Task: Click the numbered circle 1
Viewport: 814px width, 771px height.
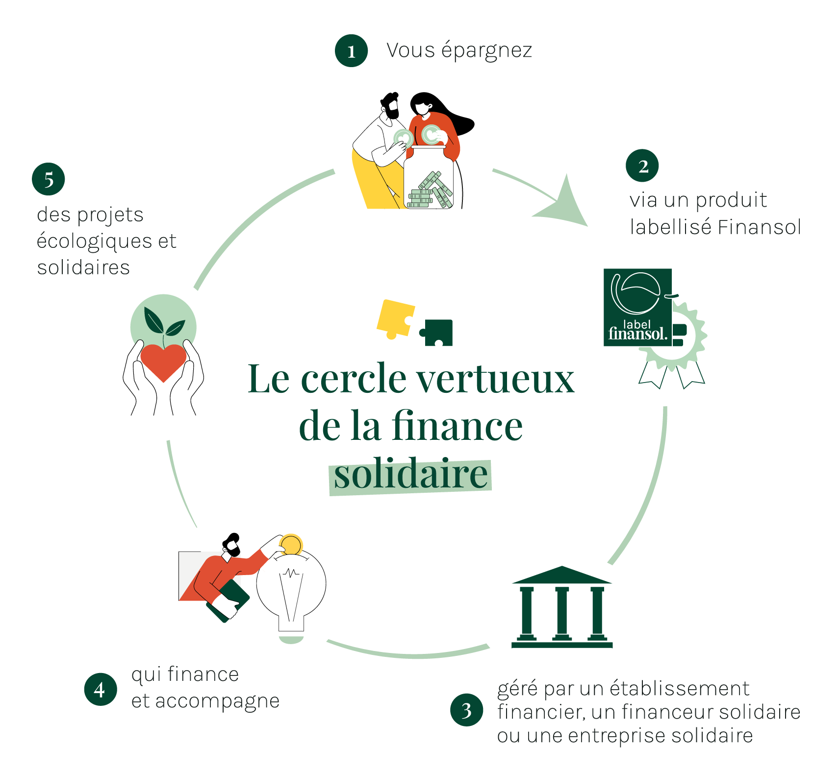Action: click(351, 51)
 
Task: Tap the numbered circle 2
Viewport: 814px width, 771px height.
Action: click(642, 166)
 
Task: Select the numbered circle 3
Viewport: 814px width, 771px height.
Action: click(466, 710)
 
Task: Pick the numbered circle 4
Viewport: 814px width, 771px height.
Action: click(101, 689)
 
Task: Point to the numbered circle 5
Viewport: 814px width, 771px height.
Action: click(49, 179)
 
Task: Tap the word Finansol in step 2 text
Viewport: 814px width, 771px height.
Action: click(759, 227)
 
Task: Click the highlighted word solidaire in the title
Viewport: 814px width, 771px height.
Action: click(411, 475)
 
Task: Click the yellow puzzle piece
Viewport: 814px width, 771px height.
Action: click(395, 317)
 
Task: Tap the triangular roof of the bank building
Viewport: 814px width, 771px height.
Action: click(561, 575)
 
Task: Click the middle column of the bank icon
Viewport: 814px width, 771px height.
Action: click(561, 612)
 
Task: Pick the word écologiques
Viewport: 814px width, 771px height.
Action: click(94, 241)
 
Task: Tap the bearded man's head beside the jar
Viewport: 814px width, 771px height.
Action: click(391, 105)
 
